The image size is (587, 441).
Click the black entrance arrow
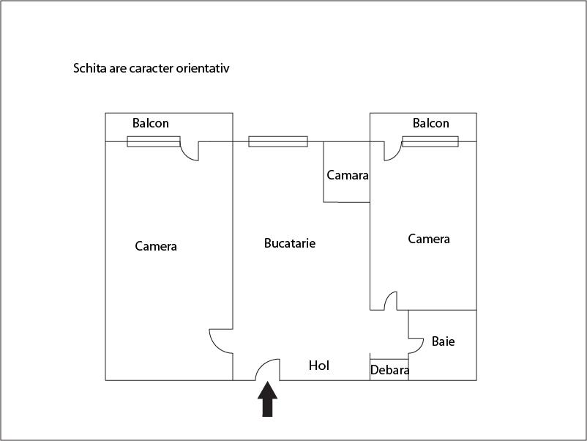click(269, 399)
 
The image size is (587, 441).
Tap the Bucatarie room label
click(290, 243)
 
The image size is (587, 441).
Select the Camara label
click(347, 176)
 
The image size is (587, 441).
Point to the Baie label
click(443, 341)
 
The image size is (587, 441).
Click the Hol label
click(319, 366)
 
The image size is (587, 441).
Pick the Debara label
click(389, 371)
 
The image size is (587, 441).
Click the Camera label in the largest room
click(156, 246)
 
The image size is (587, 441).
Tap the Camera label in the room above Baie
click(429, 239)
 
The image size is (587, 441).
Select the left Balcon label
click(151, 123)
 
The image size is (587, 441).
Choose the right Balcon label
click(431, 123)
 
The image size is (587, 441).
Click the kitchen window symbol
click(278, 141)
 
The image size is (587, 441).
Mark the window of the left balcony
click(154, 141)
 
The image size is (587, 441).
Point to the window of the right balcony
click(430, 141)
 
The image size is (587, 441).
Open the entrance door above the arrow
click(269, 370)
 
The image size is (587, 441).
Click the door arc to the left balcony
click(190, 151)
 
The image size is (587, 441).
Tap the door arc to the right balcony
click(392, 151)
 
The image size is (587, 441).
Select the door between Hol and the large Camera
click(220, 341)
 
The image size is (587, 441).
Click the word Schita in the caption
click(89, 69)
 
